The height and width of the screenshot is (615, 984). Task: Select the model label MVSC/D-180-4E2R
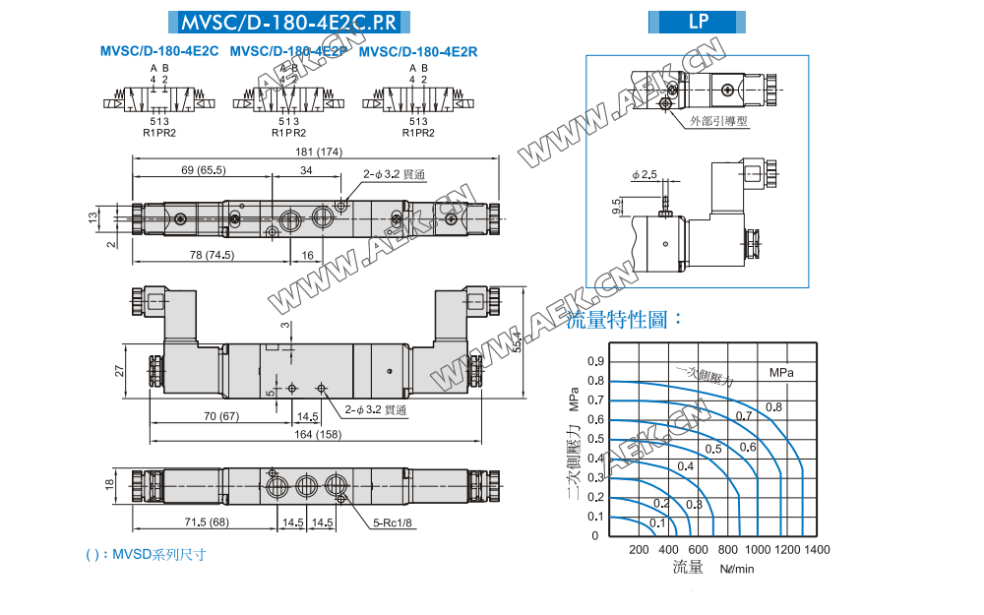coord(419,51)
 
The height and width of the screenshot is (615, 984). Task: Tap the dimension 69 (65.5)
coord(204,171)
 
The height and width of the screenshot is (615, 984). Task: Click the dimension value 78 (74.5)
coord(212,255)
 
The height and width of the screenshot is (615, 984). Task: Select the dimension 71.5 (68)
coord(206,523)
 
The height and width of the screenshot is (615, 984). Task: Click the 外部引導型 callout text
coord(719,121)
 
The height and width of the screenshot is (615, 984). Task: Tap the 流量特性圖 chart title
coord(625,319)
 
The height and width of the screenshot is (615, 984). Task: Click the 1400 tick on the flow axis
coord(817,549)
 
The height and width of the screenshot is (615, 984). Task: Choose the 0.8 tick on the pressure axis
coord(593,381)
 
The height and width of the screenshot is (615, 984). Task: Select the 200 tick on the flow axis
coord(639,549)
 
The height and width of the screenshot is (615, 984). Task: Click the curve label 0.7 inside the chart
coord(744,415)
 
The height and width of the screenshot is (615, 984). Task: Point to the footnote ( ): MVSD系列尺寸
coord(147,555)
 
